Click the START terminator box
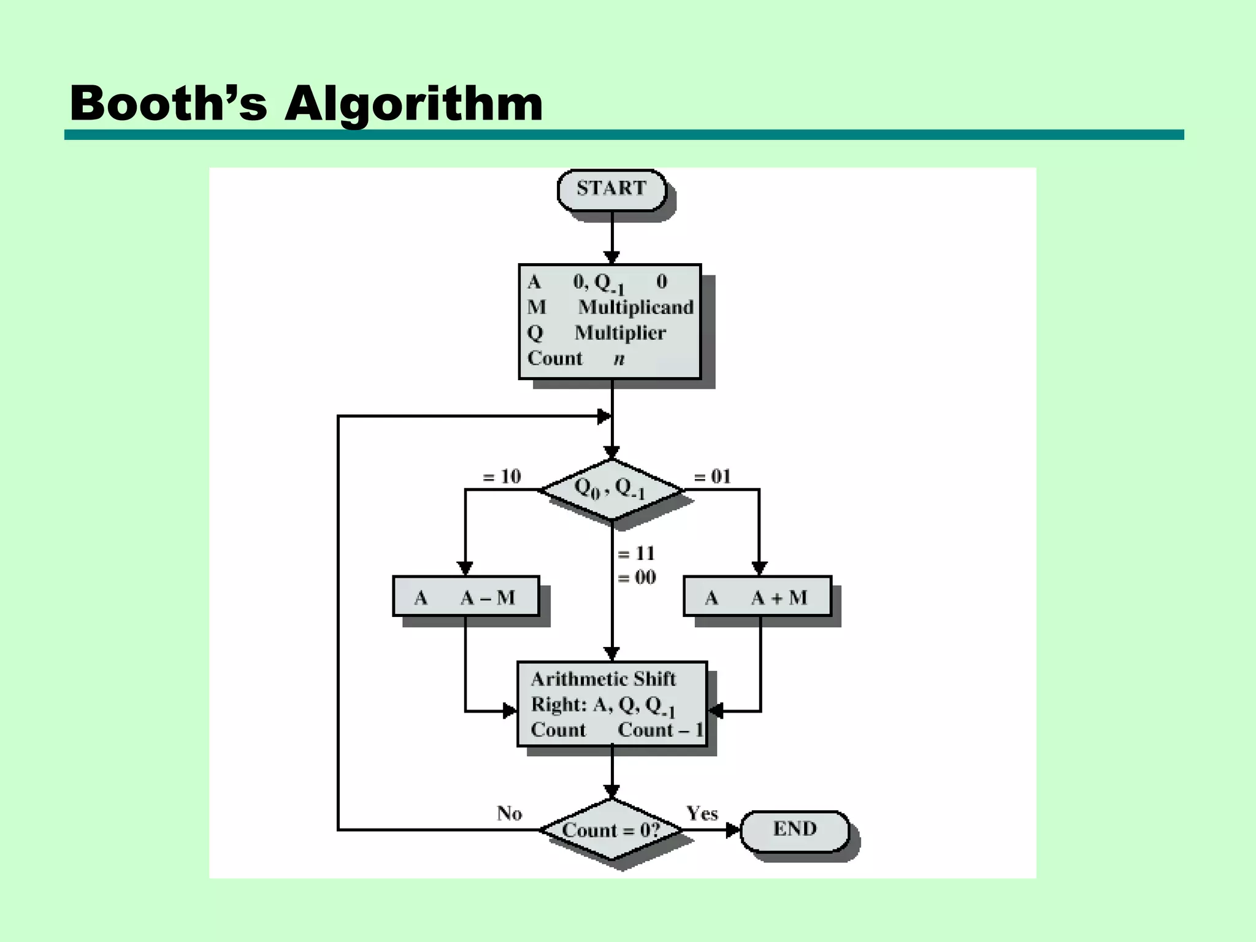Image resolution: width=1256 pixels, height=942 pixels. [x=611, y=189]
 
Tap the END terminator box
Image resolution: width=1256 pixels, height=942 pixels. [x=795, y=830]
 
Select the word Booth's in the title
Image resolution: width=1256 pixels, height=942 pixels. [x=169, y=103]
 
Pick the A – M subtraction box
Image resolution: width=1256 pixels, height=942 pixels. [x=465, y=597]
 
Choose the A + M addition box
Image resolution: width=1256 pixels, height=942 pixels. [x=757, y=597]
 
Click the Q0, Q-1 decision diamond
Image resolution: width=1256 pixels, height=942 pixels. [x=611, y=489]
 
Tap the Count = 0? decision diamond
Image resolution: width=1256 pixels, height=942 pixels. [x=611, y=830]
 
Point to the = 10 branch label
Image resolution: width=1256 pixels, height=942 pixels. [x=502, y=477]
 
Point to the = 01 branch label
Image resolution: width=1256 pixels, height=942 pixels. [x=712, y=477]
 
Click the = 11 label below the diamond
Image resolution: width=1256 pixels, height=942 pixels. [x=636, y=554]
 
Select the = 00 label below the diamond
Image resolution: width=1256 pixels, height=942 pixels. [x=636, y=578]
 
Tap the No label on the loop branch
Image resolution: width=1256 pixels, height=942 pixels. [x=509, y=814]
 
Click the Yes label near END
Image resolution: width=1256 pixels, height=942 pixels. [x=702, y=814]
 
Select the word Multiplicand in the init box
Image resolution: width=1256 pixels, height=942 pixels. [x=636, y=307]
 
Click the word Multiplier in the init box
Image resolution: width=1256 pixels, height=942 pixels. [x=620, y=333]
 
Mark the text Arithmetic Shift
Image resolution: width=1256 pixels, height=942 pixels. [x=603, y=679]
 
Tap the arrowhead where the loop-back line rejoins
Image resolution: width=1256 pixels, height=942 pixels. [x=604, y=416]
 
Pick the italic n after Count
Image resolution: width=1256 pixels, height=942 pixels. [x=619, y=359]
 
